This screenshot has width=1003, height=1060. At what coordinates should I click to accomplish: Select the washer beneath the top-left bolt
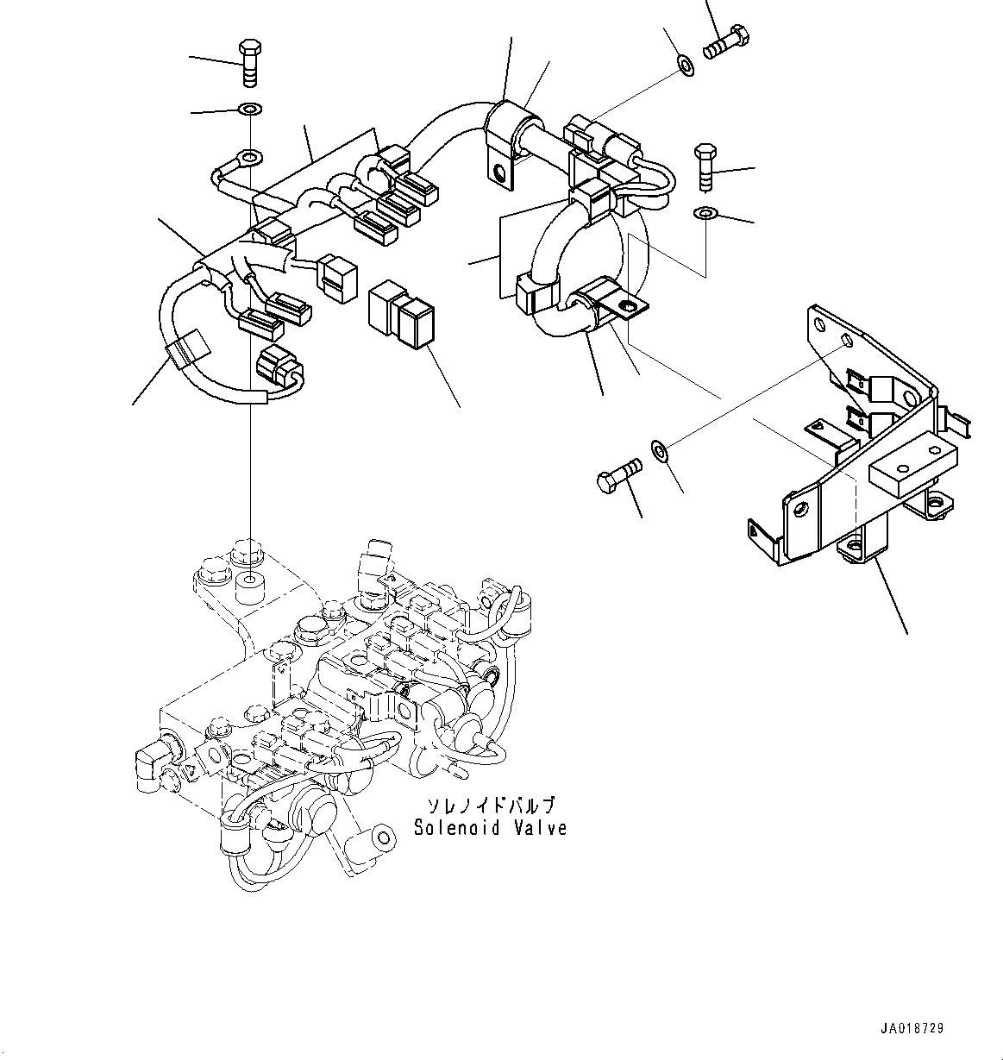(250, 110)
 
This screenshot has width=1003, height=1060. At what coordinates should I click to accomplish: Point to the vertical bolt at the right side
(703, 167)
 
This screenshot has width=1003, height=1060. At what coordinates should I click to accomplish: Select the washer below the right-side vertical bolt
(705, 213)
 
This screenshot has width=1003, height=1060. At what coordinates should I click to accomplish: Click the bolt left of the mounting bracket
(617, 474)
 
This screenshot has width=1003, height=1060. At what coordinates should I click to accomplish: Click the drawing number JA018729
(912, 1029)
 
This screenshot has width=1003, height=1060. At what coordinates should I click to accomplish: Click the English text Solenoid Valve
(490, 828)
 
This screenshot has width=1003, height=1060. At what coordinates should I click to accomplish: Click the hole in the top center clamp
(498, 172)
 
